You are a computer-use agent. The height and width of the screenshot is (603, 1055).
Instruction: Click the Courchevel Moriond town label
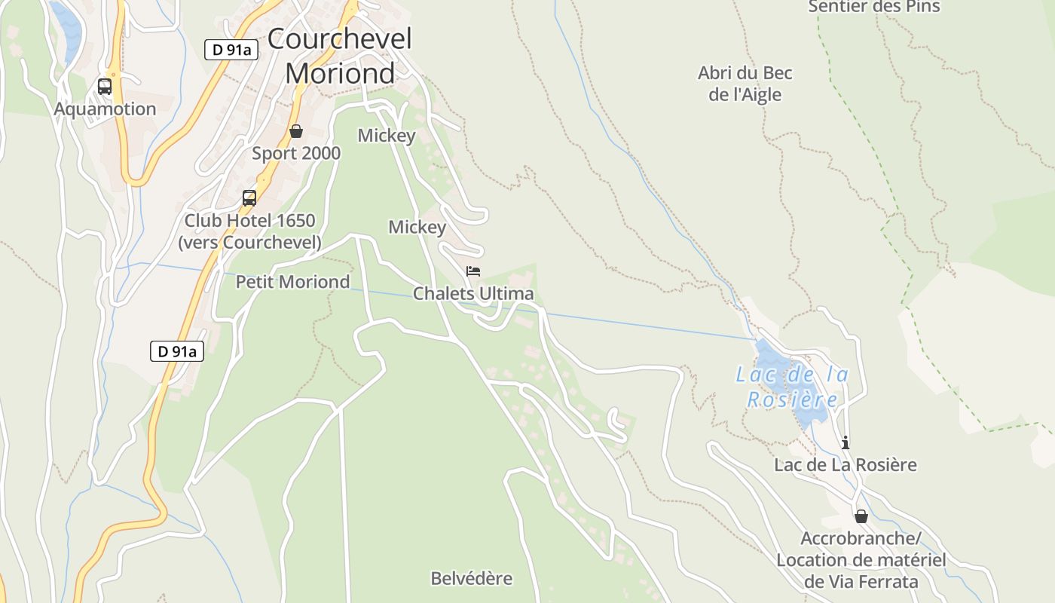click(x=340, y=56)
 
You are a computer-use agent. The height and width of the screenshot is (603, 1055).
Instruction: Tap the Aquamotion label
click(x=105, y=109)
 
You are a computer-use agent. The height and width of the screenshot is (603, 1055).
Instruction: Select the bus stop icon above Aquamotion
click(x=105, y=87)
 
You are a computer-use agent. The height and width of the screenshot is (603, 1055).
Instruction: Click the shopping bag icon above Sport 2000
click(x=296, y=131)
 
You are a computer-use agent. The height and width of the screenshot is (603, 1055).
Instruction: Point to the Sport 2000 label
click(x=296, y=153)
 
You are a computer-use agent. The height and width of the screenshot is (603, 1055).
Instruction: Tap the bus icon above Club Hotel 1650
click(x=249, y=198)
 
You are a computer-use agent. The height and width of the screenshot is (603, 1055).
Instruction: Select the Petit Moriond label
click(x=292, y=282)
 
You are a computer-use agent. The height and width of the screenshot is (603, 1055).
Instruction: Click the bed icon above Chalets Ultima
click(x=473, y=271)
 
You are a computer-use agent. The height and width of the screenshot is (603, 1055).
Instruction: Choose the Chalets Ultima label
click(x=473, y=293)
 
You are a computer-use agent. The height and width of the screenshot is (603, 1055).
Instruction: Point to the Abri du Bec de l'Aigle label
click(x=745, y=84)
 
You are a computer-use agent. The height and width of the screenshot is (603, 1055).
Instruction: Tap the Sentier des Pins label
click(x=874, y=7)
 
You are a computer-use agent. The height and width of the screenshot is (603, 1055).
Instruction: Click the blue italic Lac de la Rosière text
click(x=791, y=386)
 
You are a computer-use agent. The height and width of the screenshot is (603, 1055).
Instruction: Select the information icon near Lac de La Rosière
click(x=846, y=442)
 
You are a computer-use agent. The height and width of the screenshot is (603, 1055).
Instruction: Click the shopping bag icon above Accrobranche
click(x=861, y=516)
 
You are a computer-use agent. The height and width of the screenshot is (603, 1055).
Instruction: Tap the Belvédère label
click(x=471, y=578)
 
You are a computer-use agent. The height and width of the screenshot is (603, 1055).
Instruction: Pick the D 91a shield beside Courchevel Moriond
click(x=231, y=50)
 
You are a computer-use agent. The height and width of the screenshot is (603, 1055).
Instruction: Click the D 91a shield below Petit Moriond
click(x=177, y=350)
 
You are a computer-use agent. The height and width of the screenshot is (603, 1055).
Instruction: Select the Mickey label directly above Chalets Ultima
click(x=417, y=227)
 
